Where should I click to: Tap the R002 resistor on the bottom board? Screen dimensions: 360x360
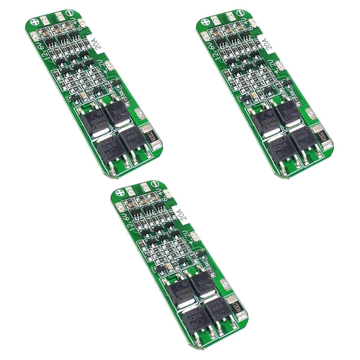click(237, 308)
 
